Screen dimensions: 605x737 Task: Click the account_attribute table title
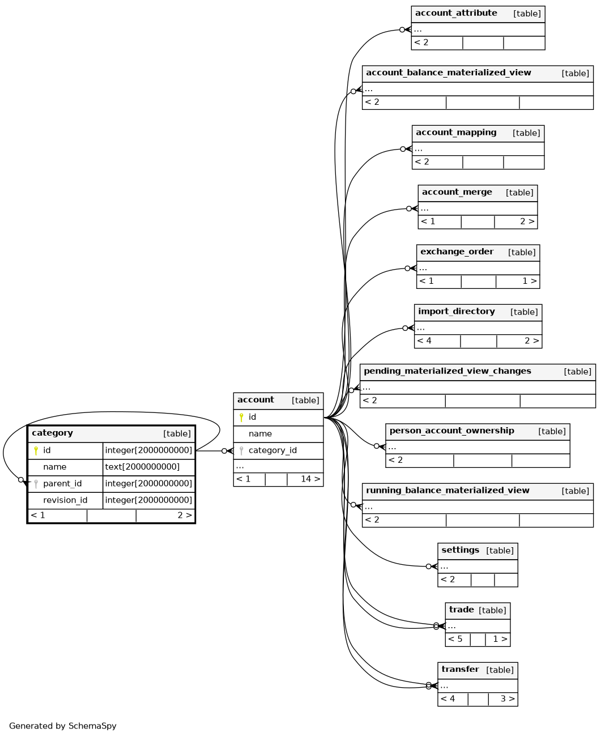[456, 13]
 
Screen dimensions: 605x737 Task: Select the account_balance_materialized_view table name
[449, 73]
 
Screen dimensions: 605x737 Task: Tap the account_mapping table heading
[456, 133]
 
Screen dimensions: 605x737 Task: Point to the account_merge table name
[457, 192]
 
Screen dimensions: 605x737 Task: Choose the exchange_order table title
[457, 252]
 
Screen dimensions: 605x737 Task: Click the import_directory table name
[457, 312]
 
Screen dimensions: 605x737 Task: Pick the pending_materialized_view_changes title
[448, 371]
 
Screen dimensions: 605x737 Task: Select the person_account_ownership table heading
[452, 431]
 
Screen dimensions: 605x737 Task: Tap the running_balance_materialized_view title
[448, 491]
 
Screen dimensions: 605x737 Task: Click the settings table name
[461, 550]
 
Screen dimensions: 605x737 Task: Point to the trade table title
[461, 610]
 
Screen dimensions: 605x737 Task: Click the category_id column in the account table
[272, 450]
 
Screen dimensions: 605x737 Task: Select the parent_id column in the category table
[62, 484]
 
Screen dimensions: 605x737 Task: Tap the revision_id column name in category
[65, 500]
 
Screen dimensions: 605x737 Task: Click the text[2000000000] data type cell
[142, 467]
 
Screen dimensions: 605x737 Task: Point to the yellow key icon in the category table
[36, 451]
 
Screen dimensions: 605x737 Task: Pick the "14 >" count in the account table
[310, 479]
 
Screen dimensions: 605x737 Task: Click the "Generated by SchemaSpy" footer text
[62, 726]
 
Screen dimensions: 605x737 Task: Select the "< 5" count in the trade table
[455, 639]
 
